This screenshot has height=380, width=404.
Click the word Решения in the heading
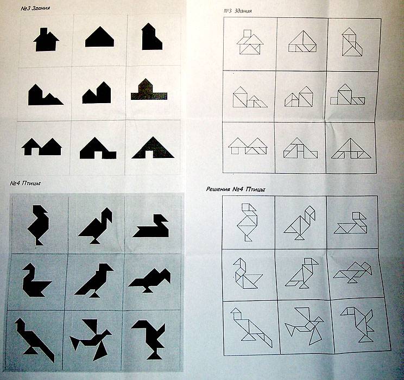click(218, 189)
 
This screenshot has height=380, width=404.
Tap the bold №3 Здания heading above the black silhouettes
click(35, 8)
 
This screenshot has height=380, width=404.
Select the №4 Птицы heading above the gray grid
click(25, 183)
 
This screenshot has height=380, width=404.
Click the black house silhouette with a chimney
click(46, 40)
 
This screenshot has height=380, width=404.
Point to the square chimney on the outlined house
click(248, 34)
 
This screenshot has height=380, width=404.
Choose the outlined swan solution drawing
click(350, 223)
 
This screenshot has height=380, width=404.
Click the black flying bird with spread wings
click(91, 339)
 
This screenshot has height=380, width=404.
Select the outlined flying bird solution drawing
click(304, 326)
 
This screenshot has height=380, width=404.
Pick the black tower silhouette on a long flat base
click(149, 90)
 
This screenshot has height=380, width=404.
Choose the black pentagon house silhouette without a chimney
click(99, 37)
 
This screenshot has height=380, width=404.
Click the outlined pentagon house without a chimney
click(302, 41)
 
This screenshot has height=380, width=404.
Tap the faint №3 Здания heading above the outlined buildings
click(238, 11)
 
